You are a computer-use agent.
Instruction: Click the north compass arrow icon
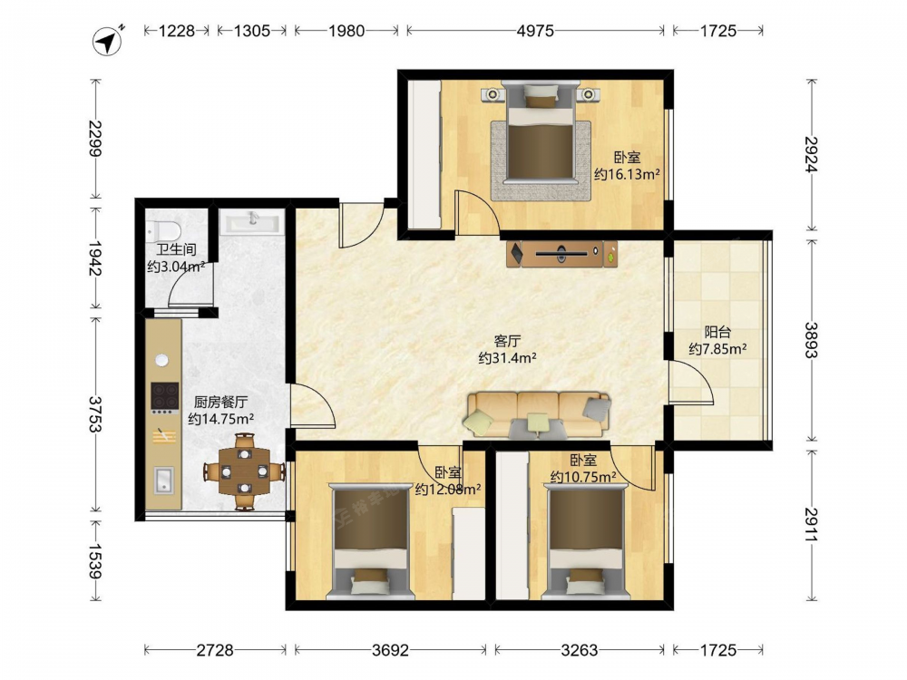[x=108, y=41]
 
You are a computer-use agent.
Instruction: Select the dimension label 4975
[x=535, y=30]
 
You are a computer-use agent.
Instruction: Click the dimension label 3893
[x=811, y=340]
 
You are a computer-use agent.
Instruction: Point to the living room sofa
[x=539, y=414]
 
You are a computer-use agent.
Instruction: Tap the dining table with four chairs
[x=244, y=471]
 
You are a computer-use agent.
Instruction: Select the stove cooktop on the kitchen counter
[x=164, y=395]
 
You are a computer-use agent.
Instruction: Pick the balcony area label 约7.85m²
[x=717, y=349]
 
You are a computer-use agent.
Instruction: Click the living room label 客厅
[x=507, y=341]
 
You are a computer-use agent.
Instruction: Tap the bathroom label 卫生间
[x=177, y=250]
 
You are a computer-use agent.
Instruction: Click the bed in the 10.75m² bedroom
[x=585, y=541]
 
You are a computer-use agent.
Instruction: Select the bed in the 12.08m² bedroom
[x=371, y=541]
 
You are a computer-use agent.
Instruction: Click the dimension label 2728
[x=215, y=650]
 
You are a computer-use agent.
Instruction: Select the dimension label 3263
[x=579, y=650]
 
